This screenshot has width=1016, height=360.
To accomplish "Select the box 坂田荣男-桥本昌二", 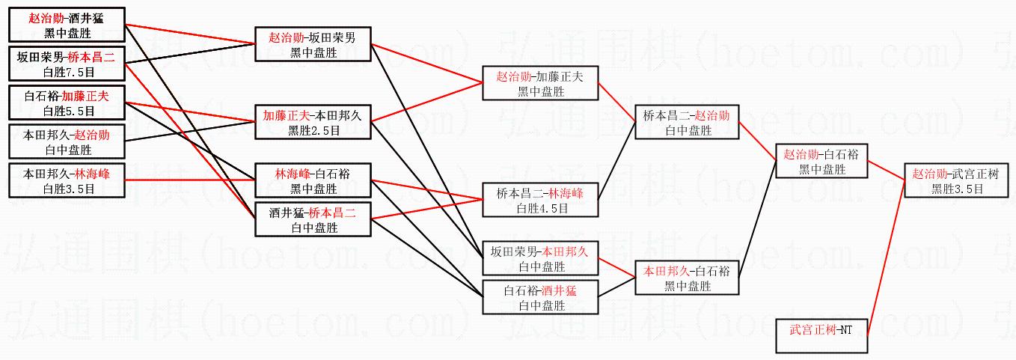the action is click(x=67, y=63).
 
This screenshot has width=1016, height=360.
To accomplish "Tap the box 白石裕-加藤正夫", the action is click(x=67, y=103).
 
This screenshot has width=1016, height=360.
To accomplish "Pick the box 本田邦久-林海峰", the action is click(x=67, y=180).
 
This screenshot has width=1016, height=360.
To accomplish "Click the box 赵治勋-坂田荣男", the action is click(x=313, y=44).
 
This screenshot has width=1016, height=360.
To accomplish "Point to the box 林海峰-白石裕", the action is click(x=313, y=180).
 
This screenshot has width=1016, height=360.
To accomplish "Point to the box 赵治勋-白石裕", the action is click(x=821, y=161).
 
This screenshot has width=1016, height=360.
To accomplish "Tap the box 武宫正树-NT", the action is click(x=821, y=335).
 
